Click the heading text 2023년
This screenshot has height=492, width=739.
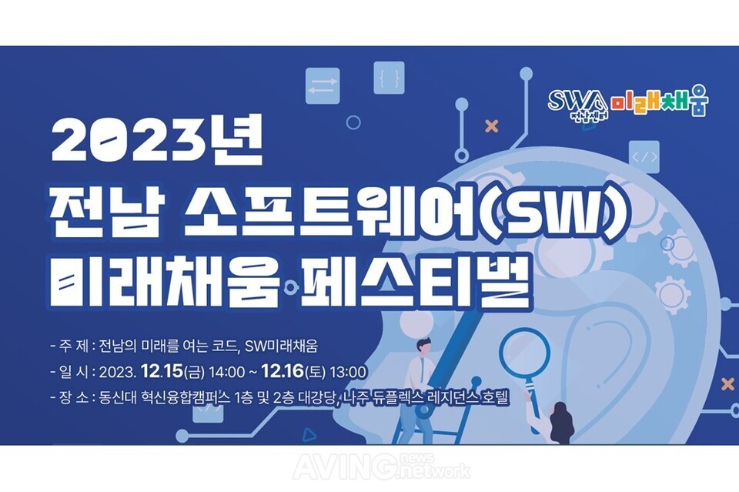[x=157, y=139]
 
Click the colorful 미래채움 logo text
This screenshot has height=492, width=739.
[x=660, y=102]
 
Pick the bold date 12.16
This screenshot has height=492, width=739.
[x=283, y=372]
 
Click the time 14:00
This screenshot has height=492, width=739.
[x=227, y=373]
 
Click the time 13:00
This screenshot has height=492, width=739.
[x=348, y=373]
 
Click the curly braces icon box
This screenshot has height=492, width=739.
[x=390, y=78]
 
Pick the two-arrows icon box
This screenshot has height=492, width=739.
[x=323, y=85]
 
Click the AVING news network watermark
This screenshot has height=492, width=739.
[x=382, y=467]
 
